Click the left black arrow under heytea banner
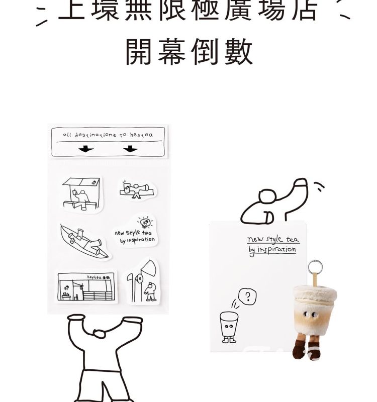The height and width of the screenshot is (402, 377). pos(86,149)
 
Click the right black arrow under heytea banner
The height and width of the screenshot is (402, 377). pos(130,149)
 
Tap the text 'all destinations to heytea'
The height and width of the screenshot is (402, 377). pos(108,135)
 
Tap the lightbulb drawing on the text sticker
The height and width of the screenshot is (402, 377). pos(145,222)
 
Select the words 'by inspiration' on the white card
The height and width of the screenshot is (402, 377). pos(272,250)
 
